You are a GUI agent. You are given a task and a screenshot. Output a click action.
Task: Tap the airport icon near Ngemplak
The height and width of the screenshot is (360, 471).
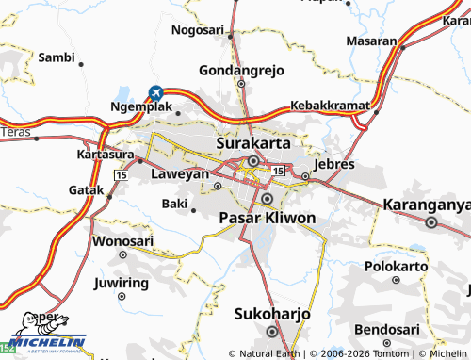click(x=155, y=92)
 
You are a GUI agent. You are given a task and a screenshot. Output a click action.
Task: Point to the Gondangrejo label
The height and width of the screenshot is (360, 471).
click(x=241, y=71)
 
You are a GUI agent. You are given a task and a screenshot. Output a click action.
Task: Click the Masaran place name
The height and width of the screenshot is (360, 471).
click(x=371, y=41)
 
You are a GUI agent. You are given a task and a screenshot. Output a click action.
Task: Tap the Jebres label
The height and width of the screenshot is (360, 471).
click(x=333, y=164)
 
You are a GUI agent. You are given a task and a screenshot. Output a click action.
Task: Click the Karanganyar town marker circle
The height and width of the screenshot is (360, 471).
click(x=431, y=223)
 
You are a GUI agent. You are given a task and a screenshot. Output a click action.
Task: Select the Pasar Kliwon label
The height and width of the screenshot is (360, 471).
click(x=267, y=218)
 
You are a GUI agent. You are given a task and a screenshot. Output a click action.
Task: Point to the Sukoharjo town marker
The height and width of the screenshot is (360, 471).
click(x=272, y=331)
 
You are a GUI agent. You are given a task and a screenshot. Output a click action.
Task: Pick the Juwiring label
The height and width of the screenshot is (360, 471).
click(x=122, y=283)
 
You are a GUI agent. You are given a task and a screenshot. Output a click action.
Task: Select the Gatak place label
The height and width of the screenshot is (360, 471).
click(x=87, y=189)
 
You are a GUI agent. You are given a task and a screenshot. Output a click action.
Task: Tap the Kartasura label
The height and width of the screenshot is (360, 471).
click(x=104, y=153)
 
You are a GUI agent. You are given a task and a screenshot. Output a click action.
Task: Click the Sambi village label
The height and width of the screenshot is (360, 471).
click(x=57, y=57)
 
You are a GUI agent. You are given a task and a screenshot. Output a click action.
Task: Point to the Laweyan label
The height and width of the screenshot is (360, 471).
click(x=180, y=174)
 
